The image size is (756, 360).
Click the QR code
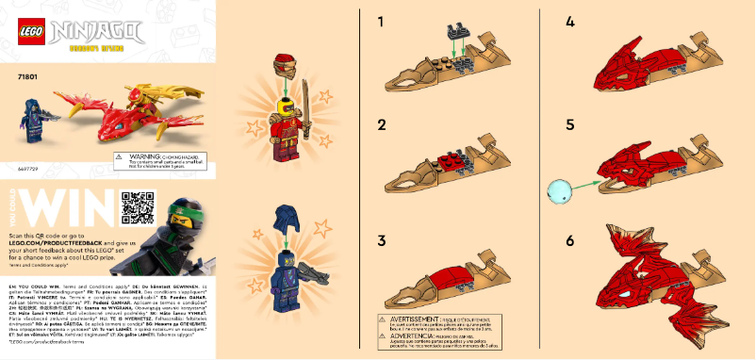pos(137,207)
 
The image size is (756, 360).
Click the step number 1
pos(382,20)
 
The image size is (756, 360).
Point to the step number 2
pos(382,125)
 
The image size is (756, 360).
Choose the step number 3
pos(382,240)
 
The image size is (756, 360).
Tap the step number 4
pos(570,20)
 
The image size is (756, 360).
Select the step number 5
pos(570,125)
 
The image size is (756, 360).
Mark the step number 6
pos(570,240)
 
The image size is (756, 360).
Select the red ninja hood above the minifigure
pos(288,66)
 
